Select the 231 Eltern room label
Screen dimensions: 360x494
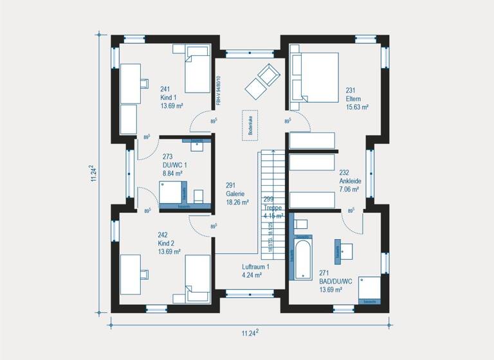point(356,99)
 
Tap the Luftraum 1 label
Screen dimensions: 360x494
point(255,271)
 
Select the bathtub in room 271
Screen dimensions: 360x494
point(302,257)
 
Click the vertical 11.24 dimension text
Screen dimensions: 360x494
point(94,173)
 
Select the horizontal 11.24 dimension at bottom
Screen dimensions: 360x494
point(250,332)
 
